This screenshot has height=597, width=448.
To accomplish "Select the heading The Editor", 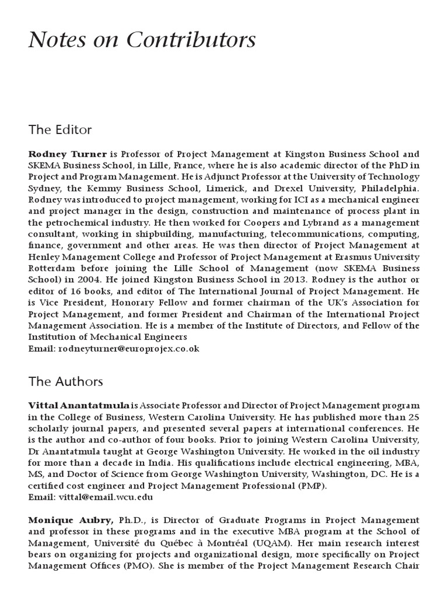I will point(60,129).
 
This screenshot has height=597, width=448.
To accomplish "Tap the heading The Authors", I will point(65,382).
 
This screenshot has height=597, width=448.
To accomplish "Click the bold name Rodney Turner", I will point(68,154).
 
